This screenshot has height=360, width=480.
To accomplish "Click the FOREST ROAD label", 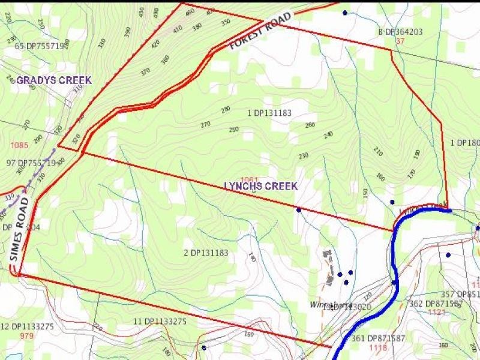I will click(262, 32).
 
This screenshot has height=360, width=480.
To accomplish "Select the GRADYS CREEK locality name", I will click(54, 80).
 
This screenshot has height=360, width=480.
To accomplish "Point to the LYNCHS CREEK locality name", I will click(261, 186).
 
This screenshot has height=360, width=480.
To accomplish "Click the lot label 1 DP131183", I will click(269, 113).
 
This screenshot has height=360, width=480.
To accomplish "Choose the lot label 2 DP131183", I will click(206, 253).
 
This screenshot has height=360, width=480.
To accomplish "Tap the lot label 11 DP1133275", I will click(160, 322).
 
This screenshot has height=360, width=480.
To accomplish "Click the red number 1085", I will click(19, 145).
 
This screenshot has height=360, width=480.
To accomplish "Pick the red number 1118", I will click(378, 348).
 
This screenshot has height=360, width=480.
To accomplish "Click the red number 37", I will click(401, 41).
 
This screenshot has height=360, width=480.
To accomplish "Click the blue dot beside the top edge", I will click(345, 13).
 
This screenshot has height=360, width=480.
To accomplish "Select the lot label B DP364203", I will click(400, 32).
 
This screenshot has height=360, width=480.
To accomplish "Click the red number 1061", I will click(249, 179).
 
